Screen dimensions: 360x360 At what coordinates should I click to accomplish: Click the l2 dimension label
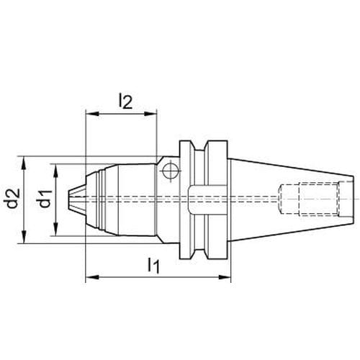(x=125, y=101)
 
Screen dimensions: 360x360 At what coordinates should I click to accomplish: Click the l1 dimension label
(x=153, y=265)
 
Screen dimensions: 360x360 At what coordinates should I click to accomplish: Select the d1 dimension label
(x=45, y=199)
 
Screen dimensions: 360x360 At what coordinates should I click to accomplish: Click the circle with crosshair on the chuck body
(x=171, y=171)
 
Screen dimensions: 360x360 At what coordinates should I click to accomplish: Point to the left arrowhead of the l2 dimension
(x=92, y=114)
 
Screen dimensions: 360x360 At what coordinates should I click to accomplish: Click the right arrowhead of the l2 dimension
(x=150, y=114)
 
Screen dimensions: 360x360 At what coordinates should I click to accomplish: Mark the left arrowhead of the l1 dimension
(x=92, y=277)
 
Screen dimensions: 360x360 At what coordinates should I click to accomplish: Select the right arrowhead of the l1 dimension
(x=224, y=277)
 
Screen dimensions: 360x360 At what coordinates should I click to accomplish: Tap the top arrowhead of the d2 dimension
(x=24, y=163)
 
